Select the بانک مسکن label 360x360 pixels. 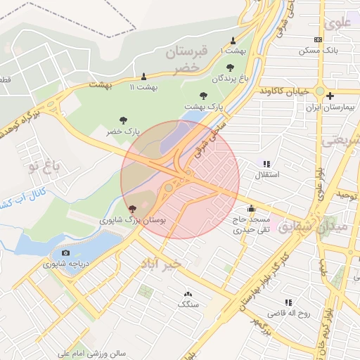click(319, 51)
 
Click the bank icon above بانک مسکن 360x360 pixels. click(319, 39)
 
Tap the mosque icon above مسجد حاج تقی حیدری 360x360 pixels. click(251, 208)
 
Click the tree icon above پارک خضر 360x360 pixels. click(123, 120)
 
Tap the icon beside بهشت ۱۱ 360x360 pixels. click(145, 76)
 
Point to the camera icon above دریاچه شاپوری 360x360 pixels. click(65, 253)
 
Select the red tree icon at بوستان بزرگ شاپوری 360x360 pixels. click(133, 209)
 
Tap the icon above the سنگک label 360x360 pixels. click(188, 294)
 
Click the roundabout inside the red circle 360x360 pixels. click(169, 188)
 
